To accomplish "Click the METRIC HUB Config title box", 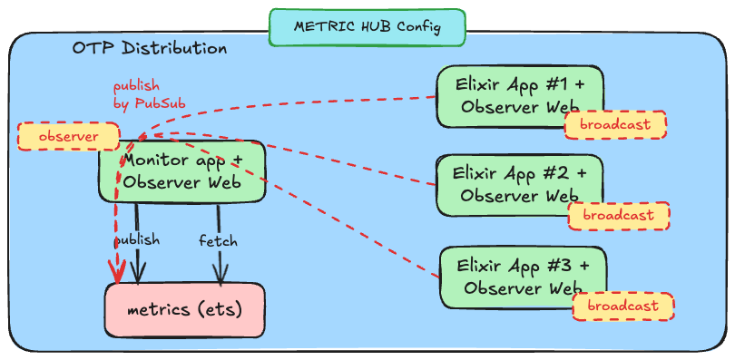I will click(367, 27).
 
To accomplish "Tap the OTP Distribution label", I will click(150, 48).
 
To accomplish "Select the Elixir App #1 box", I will click(519, 95).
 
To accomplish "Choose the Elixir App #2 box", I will click(519, 183).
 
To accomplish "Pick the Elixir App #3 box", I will click(522, 277).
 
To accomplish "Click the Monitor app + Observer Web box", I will click(181, 171).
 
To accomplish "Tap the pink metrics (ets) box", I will click(184, 310).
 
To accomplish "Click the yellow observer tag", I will click(68, 136).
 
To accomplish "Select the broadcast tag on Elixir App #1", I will click(615, 124).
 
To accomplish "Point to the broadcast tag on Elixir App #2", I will click(618, 215).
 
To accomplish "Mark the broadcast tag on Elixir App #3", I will click(622, 306).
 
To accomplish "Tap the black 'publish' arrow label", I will click(137, 240).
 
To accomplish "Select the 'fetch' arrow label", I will click(218, 240).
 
